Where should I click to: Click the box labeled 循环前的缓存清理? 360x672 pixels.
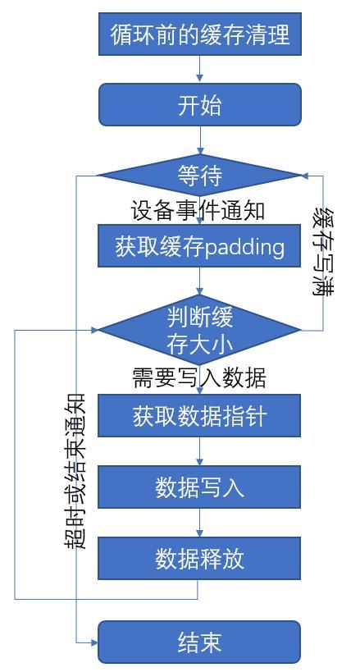(x=200, y=34)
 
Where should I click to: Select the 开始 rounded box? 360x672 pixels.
(x=200, y=105)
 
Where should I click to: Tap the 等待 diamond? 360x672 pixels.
(x=200, y=175)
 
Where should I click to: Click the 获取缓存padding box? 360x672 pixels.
(x=200, y=246)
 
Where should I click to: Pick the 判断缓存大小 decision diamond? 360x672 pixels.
(x=200, y=330)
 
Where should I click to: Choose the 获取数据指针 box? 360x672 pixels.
(x=200, y=416)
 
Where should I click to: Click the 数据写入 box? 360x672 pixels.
(x=200, y=487)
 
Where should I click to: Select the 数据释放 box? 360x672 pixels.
(x=200, y=559)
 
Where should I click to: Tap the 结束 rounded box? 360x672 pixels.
(x=200, y=642)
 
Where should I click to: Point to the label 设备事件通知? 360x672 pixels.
(x=198, y=211)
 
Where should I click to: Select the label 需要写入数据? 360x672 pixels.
(x=199, y=377)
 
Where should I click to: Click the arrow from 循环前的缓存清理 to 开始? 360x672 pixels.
(x=200, y=70)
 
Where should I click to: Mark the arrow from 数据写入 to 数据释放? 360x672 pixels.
(x=200, y=523)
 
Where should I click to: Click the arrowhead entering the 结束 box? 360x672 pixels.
(x=93, y=642)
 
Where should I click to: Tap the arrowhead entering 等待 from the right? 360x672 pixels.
(x=306, y=175)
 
